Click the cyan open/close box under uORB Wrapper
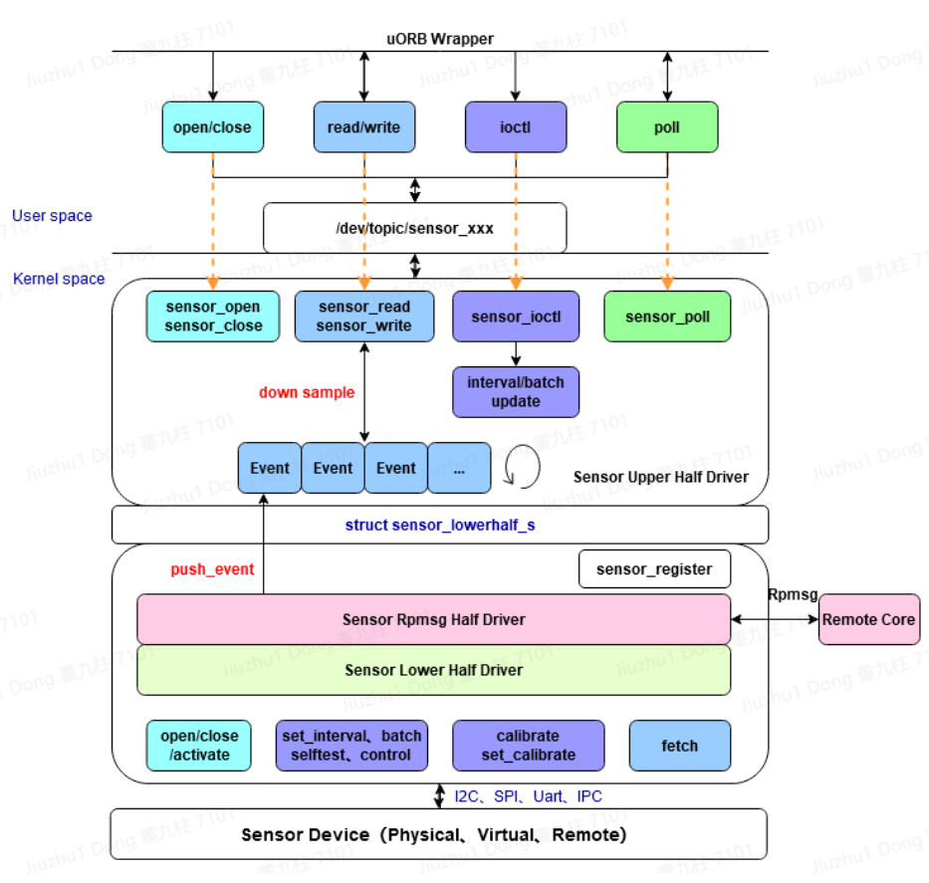tap(212, 127)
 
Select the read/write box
tap(363, 127)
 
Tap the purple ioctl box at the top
tap(515, 127)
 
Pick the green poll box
tap(666, 127)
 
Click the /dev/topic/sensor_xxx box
tap(414, 228)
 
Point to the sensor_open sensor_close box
tap(214, 317)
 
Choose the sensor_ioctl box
tap(516, 317)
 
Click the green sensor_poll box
tap(668, 317)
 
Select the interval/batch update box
tap(516, 392)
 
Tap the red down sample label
tap(307, 392)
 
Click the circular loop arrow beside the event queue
tap(523, 467)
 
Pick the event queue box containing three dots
tap(459, 468)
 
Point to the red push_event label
tap(212, 569)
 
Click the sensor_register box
tap(654, 569)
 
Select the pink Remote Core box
tap(868, 619)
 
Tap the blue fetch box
tap(680, 746)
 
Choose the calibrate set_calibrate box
tap(528, 746)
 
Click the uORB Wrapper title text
tap(439, 39)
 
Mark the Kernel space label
tap(59, 279)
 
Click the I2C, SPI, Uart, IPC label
tap(528, 796)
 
